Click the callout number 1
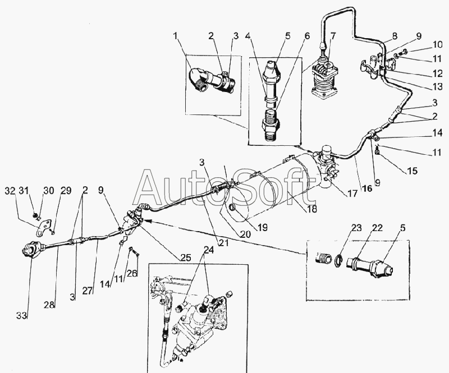176,37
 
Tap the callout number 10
437,44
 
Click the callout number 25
186,257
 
